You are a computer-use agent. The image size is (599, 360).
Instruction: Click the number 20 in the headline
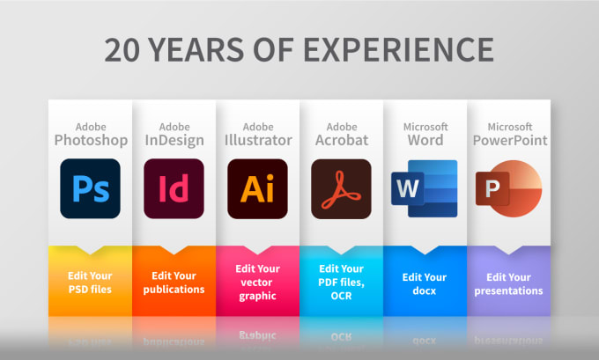pyautogui.click(x=122, y=50)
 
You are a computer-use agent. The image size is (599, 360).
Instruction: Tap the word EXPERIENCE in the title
pyautogui.click(x=398, y=50)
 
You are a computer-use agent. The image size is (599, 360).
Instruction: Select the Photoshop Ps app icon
pyautogui.click(x=90, y=188)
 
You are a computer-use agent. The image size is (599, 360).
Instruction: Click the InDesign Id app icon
pyautogui.click(x=174, y=188)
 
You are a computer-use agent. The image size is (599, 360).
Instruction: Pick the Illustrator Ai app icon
pyautogui.click(x=257, y=188)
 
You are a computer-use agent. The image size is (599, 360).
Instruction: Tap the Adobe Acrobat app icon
pyautogui.click(x=341, y=189)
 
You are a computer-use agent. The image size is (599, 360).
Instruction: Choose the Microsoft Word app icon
pyautogui.click(x=424, y=188)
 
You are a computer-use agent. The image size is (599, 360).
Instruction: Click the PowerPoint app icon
pyautogui.click(x=508, y=188)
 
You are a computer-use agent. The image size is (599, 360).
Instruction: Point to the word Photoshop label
pyautogui.click(x=91, y=141)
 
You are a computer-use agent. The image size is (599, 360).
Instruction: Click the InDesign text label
pyautogui.click(x=174, y=141)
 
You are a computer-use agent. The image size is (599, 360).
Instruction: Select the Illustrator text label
pyautogui.click(x=258, y=140)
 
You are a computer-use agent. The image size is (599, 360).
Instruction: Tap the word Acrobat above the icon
pyautogui.click(x=342, y=140)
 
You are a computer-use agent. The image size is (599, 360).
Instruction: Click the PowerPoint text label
pyautogui.click(x=510, y=140)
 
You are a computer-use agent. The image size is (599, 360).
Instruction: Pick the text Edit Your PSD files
pyautogui.click(x=90, y=283)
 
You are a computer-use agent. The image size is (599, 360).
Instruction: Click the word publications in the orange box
pyautogui.click(x=174, y=290)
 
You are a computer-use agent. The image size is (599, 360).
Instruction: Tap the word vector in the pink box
pyautogui.click(x=256, y=283)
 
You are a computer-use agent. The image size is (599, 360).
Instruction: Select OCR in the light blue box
pyautogui.click(x=341, y=296)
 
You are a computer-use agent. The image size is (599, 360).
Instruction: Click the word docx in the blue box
pyautogui.click(x=424, y=290)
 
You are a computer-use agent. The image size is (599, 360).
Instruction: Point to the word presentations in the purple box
pyautogui.click(x=508, y=290)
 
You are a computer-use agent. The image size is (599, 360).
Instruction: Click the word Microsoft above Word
pyautogui.click(x=425, y=127)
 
